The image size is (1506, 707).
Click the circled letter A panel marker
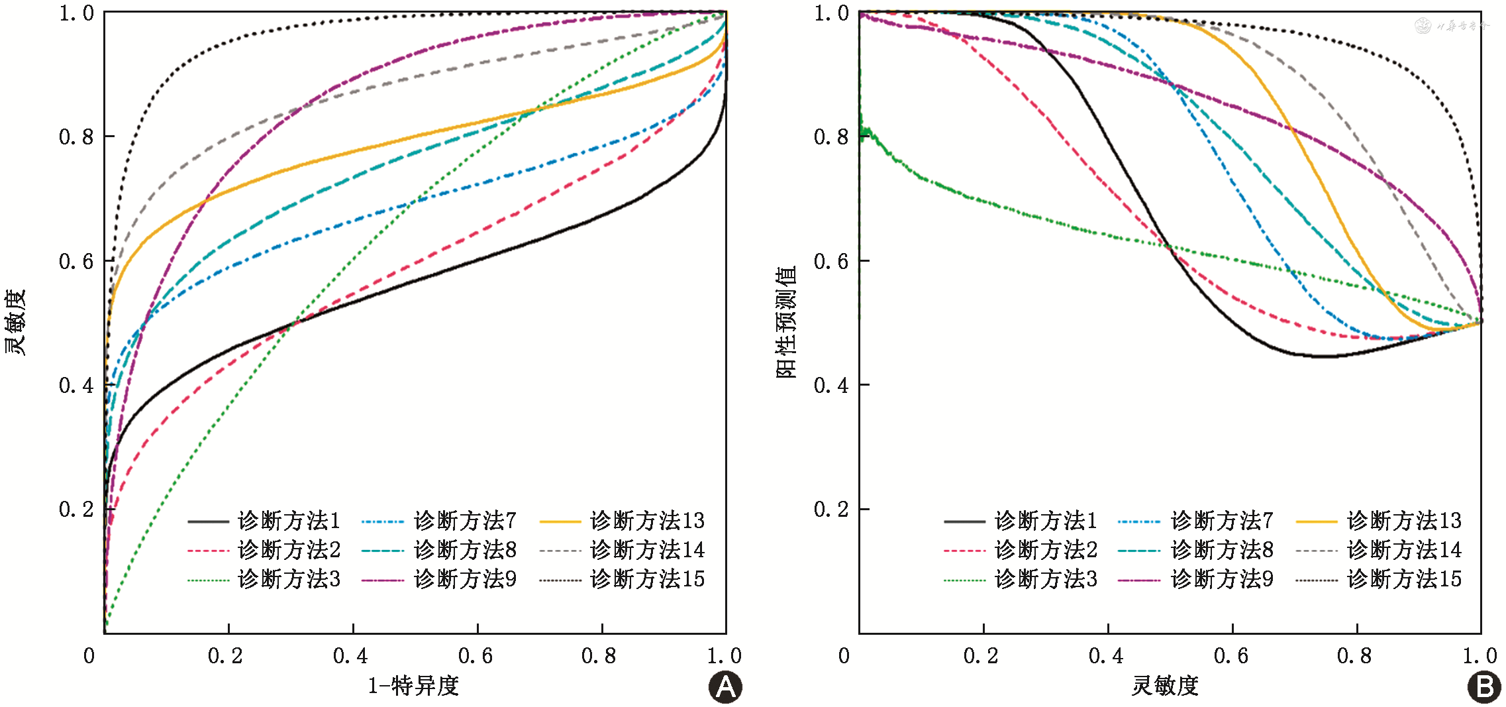point(725,687)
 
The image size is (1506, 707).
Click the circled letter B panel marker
point(1484,687)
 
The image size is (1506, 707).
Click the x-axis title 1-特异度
point(413,686)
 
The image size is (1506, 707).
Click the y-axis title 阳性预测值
point(786,322)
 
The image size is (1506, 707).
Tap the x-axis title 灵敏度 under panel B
point(1165,686)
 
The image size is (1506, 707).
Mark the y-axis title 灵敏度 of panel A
point(15,322)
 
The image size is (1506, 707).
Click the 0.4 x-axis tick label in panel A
point(350,656)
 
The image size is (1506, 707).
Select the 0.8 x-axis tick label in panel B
point(1354,656)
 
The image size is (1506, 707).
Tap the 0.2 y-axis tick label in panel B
point(831,510)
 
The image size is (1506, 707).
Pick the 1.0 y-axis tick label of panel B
point(831,13)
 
